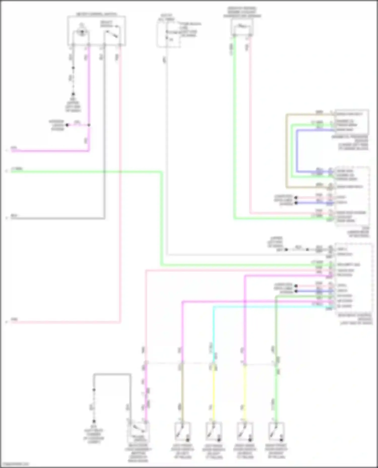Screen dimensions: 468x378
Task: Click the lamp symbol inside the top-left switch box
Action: coord(81,33)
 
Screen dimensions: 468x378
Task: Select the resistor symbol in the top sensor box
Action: coord(242,26)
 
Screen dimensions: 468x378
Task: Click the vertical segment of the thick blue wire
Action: coord(297,151)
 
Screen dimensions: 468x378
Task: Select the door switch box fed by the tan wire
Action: coord(182,432)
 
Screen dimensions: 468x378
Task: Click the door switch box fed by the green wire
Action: coord(276,432)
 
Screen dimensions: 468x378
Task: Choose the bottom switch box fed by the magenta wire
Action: coord(138,432)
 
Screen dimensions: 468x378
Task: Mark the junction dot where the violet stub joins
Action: coord(89,125)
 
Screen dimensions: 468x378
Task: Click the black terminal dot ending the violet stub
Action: coord(67,125)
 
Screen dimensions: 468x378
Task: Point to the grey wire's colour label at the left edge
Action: coord(14,216)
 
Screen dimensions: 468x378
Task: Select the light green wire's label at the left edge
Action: coord(17,169)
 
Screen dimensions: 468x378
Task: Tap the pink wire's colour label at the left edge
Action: coord(14,320)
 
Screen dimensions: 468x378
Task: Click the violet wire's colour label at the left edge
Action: coord(14,148)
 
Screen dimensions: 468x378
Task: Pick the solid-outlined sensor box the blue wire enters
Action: coord(352,122)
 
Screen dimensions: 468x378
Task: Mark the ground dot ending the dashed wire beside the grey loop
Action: coord(94,421)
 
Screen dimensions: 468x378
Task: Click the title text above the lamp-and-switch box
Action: coord(96,14)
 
